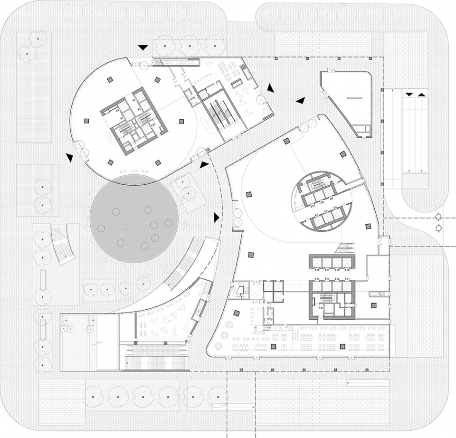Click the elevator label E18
316,270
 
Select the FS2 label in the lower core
321,308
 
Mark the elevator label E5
335,208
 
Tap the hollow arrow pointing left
437,217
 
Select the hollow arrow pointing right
437,229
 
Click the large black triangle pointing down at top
142,48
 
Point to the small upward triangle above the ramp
421,95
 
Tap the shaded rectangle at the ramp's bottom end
415,180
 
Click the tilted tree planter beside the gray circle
188,192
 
